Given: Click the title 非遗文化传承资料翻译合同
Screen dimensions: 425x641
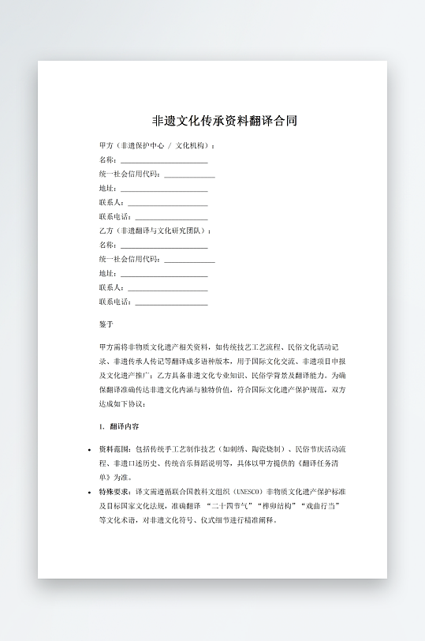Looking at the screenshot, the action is [x=225, y=122].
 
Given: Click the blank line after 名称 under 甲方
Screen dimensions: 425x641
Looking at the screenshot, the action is [x=163, y=160].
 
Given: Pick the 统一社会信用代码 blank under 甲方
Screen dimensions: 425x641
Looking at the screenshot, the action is [x=189, y=174].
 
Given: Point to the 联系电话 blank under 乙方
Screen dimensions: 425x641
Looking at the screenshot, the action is [x=171, y=302].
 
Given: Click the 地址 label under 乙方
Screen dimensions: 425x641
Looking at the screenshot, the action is [x=106, y=273].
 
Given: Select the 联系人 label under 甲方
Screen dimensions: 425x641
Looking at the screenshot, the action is [x=110, y=203].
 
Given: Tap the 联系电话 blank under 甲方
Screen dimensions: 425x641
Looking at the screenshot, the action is [x=171, y=217].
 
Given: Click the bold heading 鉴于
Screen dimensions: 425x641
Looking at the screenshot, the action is [x=106, y=324].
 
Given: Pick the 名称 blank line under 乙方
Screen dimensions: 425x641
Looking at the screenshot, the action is [x=163, y=245].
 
